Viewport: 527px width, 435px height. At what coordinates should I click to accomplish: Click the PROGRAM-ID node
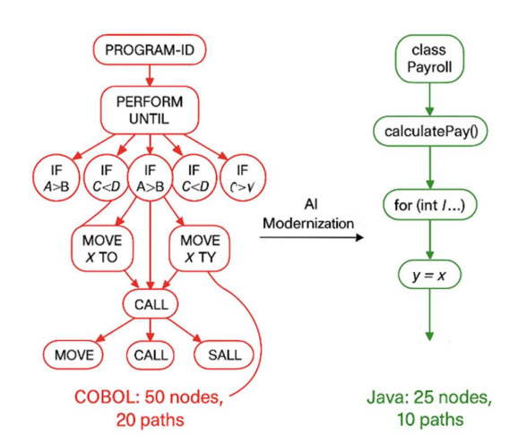coord(150,51)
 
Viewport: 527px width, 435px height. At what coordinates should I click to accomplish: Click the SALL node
coord(224,355)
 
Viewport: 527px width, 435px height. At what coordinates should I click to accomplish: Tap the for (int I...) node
coord(429,205)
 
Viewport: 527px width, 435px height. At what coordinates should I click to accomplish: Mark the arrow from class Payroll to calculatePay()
coord(429,97)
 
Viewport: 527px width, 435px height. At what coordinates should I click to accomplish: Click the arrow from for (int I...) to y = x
coord(429,242)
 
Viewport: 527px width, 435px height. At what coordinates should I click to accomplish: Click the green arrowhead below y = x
coord(429,336)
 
